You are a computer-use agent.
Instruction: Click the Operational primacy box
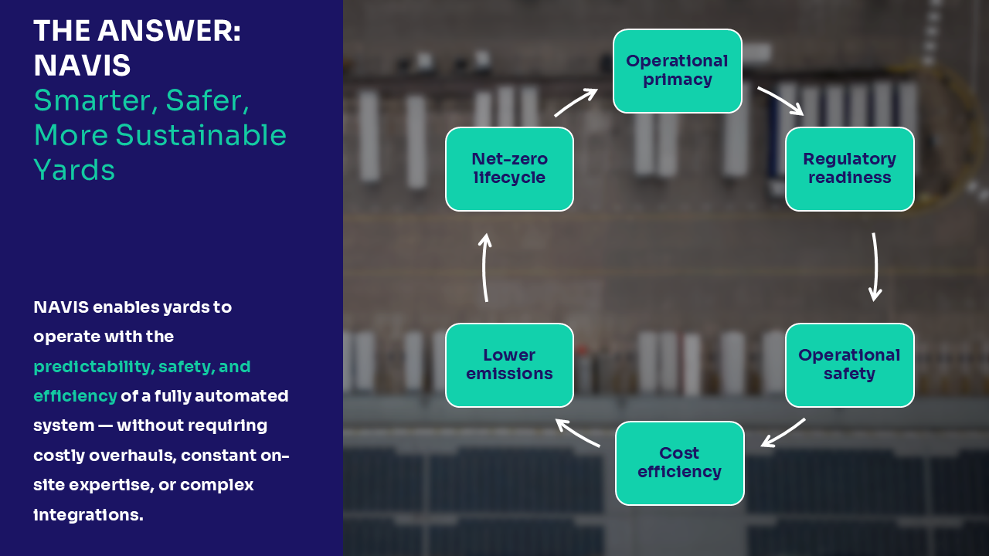pos(677,70)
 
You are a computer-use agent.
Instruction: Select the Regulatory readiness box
pos(849,168)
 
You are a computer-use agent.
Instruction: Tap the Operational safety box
pos(849,364)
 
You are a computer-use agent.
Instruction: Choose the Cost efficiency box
pos(679,463)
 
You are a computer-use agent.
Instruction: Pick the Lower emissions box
pos(509,364)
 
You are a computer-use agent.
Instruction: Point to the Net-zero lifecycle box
pos(509,168)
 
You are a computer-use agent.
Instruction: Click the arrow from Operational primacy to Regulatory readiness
pos(780,100)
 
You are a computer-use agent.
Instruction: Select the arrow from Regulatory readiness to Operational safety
pos(875,266)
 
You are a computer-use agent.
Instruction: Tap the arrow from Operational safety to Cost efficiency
pos(783,433)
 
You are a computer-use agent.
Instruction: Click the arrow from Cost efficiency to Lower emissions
pos(577,433)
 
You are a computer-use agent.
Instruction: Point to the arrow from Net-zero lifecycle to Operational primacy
pos(576,103)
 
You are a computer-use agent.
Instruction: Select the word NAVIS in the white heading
pos(82,66)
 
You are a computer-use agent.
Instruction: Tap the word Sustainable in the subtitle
pos(201,135)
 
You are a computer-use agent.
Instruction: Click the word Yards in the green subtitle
pos(74,170)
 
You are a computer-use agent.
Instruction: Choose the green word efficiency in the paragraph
pos(75,396)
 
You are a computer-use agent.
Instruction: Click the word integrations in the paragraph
pos(88,514)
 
